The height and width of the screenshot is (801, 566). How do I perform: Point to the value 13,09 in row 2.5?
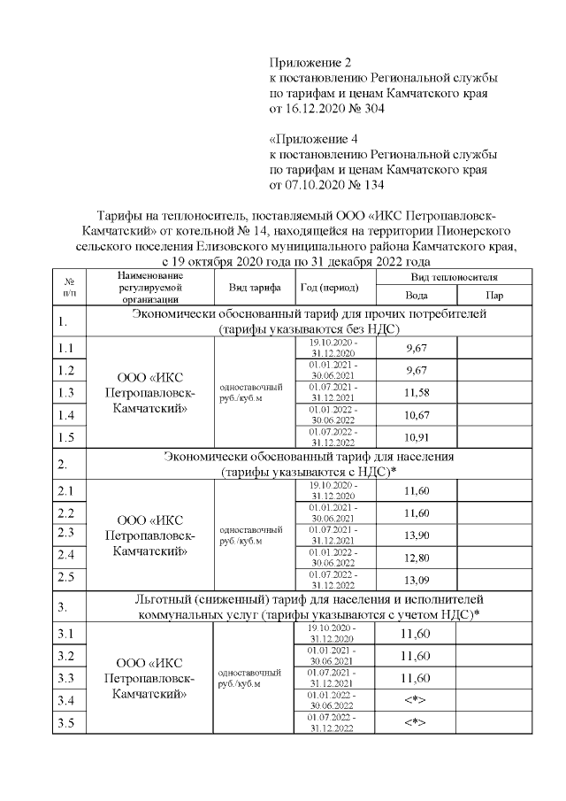pos(416,581)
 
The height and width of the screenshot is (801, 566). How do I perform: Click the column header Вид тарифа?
pos(254,288)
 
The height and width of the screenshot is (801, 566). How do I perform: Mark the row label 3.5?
pos(67,725)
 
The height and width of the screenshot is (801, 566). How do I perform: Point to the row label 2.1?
pos(67,490)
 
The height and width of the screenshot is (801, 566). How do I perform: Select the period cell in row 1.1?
pos(334,346)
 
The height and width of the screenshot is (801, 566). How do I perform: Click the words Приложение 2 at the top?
pos(310,63)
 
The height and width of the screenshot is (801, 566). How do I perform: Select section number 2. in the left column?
pos(64,464)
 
